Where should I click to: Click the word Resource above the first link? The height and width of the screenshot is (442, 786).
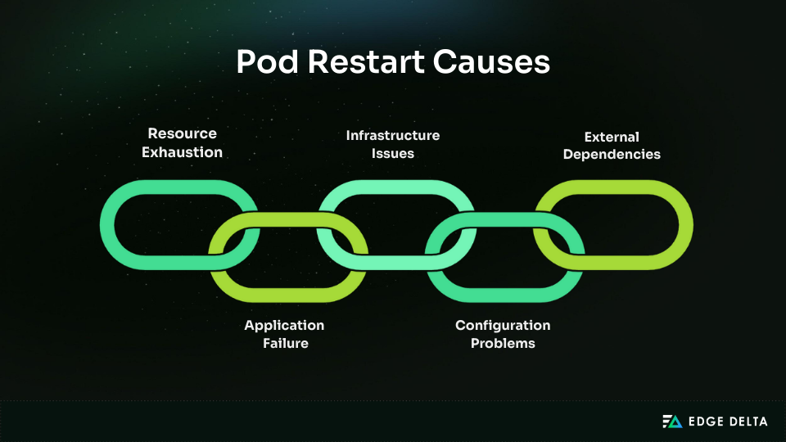[182, 133]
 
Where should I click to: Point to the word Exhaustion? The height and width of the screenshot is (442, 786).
[182, 152]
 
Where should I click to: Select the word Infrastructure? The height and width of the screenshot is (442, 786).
[393, 135]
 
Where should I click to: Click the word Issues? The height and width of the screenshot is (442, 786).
[393, 153]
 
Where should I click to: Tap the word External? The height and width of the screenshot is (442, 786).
[612, 137]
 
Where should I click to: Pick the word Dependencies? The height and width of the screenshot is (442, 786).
[612, 154]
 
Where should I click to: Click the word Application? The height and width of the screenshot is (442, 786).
[284, 326]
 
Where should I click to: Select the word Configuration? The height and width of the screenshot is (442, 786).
[503, 326]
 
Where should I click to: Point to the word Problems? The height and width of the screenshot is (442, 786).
[503, 344]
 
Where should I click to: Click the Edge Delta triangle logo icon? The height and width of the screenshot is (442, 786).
[672, 422]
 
